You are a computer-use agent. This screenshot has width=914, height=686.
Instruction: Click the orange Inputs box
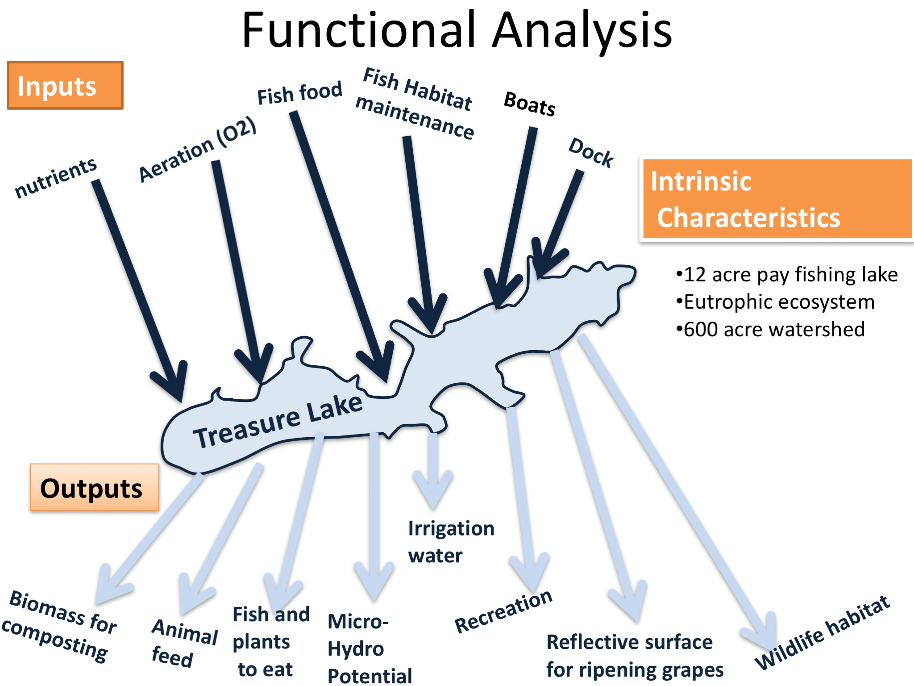pos(65,85)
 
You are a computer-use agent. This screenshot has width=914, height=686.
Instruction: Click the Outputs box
pos(95,488)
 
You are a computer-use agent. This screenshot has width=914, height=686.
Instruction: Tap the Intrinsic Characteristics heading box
pos(777,199)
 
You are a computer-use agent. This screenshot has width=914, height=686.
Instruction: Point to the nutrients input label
pos(56,177)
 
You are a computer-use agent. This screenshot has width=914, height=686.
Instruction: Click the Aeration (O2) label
pos(197,150)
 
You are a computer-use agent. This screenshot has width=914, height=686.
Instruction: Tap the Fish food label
pos(299,93)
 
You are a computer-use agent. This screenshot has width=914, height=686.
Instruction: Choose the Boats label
pos(530,104)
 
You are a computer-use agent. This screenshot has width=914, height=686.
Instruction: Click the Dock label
pos(591,153)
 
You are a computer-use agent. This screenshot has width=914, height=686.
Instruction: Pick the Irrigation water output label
pos(451,542)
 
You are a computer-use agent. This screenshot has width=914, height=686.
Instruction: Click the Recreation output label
pos(503,611)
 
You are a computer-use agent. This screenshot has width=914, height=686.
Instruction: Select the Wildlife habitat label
pos(822,633)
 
